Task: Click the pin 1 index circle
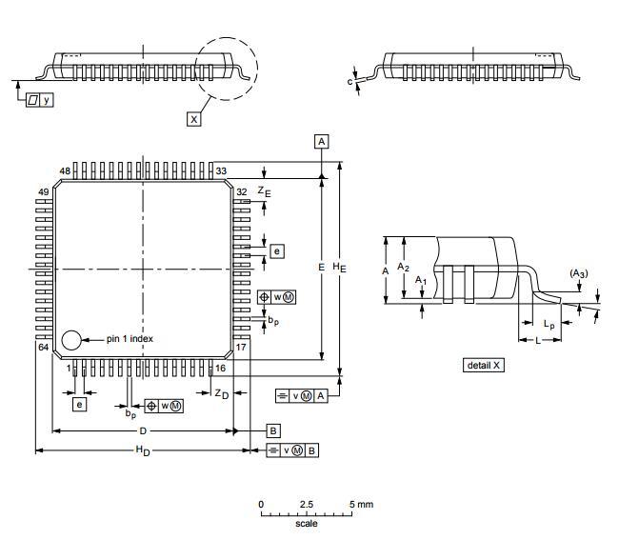coord(71,340)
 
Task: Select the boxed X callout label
coord(194,119)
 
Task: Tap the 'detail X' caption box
coord(484,365)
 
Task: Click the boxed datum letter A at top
coord(322,141)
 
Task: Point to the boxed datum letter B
coord(273,430)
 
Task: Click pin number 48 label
coord(65,170)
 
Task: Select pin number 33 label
coord(221,170)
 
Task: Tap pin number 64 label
coord(44,348)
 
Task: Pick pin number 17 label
coord(241,348)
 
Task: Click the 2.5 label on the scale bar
coord(307,504)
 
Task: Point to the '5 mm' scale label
coord(361,504)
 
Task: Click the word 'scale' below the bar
coord(307,524)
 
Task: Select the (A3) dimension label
coord(579,273)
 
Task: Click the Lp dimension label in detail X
coord(549,325)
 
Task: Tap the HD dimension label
coord(143,450)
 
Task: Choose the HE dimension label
coord(339,268)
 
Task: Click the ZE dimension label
coord(264,191)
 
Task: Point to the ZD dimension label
coord(222,394)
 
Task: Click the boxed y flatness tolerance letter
coord(47,99)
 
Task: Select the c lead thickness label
coord(349,82)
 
